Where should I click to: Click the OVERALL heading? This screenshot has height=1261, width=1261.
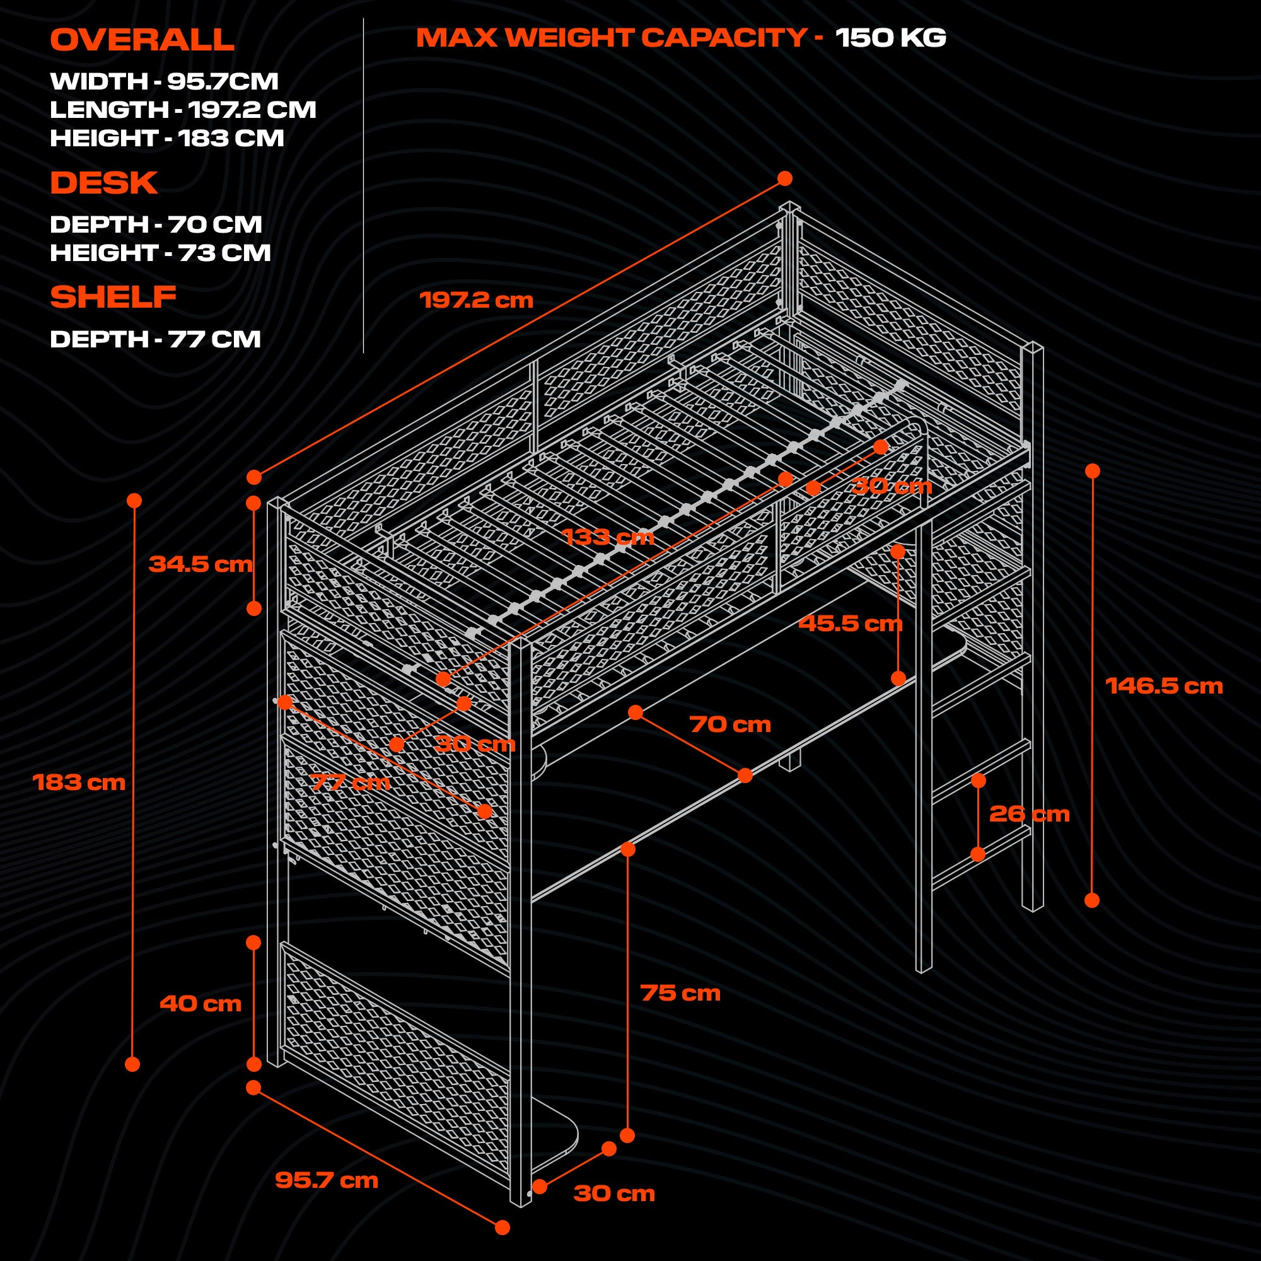(x=142, y=40)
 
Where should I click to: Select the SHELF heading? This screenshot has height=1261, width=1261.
(x=113, y=297)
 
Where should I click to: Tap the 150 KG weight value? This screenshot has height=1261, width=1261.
(x=890, y=37)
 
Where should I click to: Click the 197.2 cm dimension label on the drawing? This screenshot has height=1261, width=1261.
(x=476, y=300)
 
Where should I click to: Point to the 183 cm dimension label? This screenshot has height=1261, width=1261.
(x=79, y=782)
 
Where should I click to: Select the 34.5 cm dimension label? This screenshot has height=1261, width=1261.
(x=200, y=564)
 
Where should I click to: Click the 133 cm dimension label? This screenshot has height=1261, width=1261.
(x=607, y=537)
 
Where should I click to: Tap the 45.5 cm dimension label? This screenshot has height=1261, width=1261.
(x=850, y=624)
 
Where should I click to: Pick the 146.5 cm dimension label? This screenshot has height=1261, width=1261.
(x=1164, y=686)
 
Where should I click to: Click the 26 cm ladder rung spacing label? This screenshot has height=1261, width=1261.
(x=1030, y=814)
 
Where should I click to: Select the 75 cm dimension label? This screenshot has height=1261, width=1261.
(x=680, y=993)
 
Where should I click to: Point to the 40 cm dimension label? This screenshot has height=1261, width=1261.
(x=200, y=1003)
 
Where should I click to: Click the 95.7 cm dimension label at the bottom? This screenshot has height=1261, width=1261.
(x=327, y=1180)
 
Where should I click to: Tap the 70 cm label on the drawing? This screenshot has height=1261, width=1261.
(x=729, y=724)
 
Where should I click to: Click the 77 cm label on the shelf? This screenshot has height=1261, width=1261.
(x=350, y=782)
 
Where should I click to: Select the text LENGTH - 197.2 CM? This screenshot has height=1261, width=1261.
(x=183, y=110)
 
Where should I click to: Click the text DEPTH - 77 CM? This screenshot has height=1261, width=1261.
(x=155, y=339)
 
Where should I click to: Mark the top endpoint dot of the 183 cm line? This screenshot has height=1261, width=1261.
(x=134, y=501)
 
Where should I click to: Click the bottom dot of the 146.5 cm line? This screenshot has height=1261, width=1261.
(x=1092, y=900)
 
